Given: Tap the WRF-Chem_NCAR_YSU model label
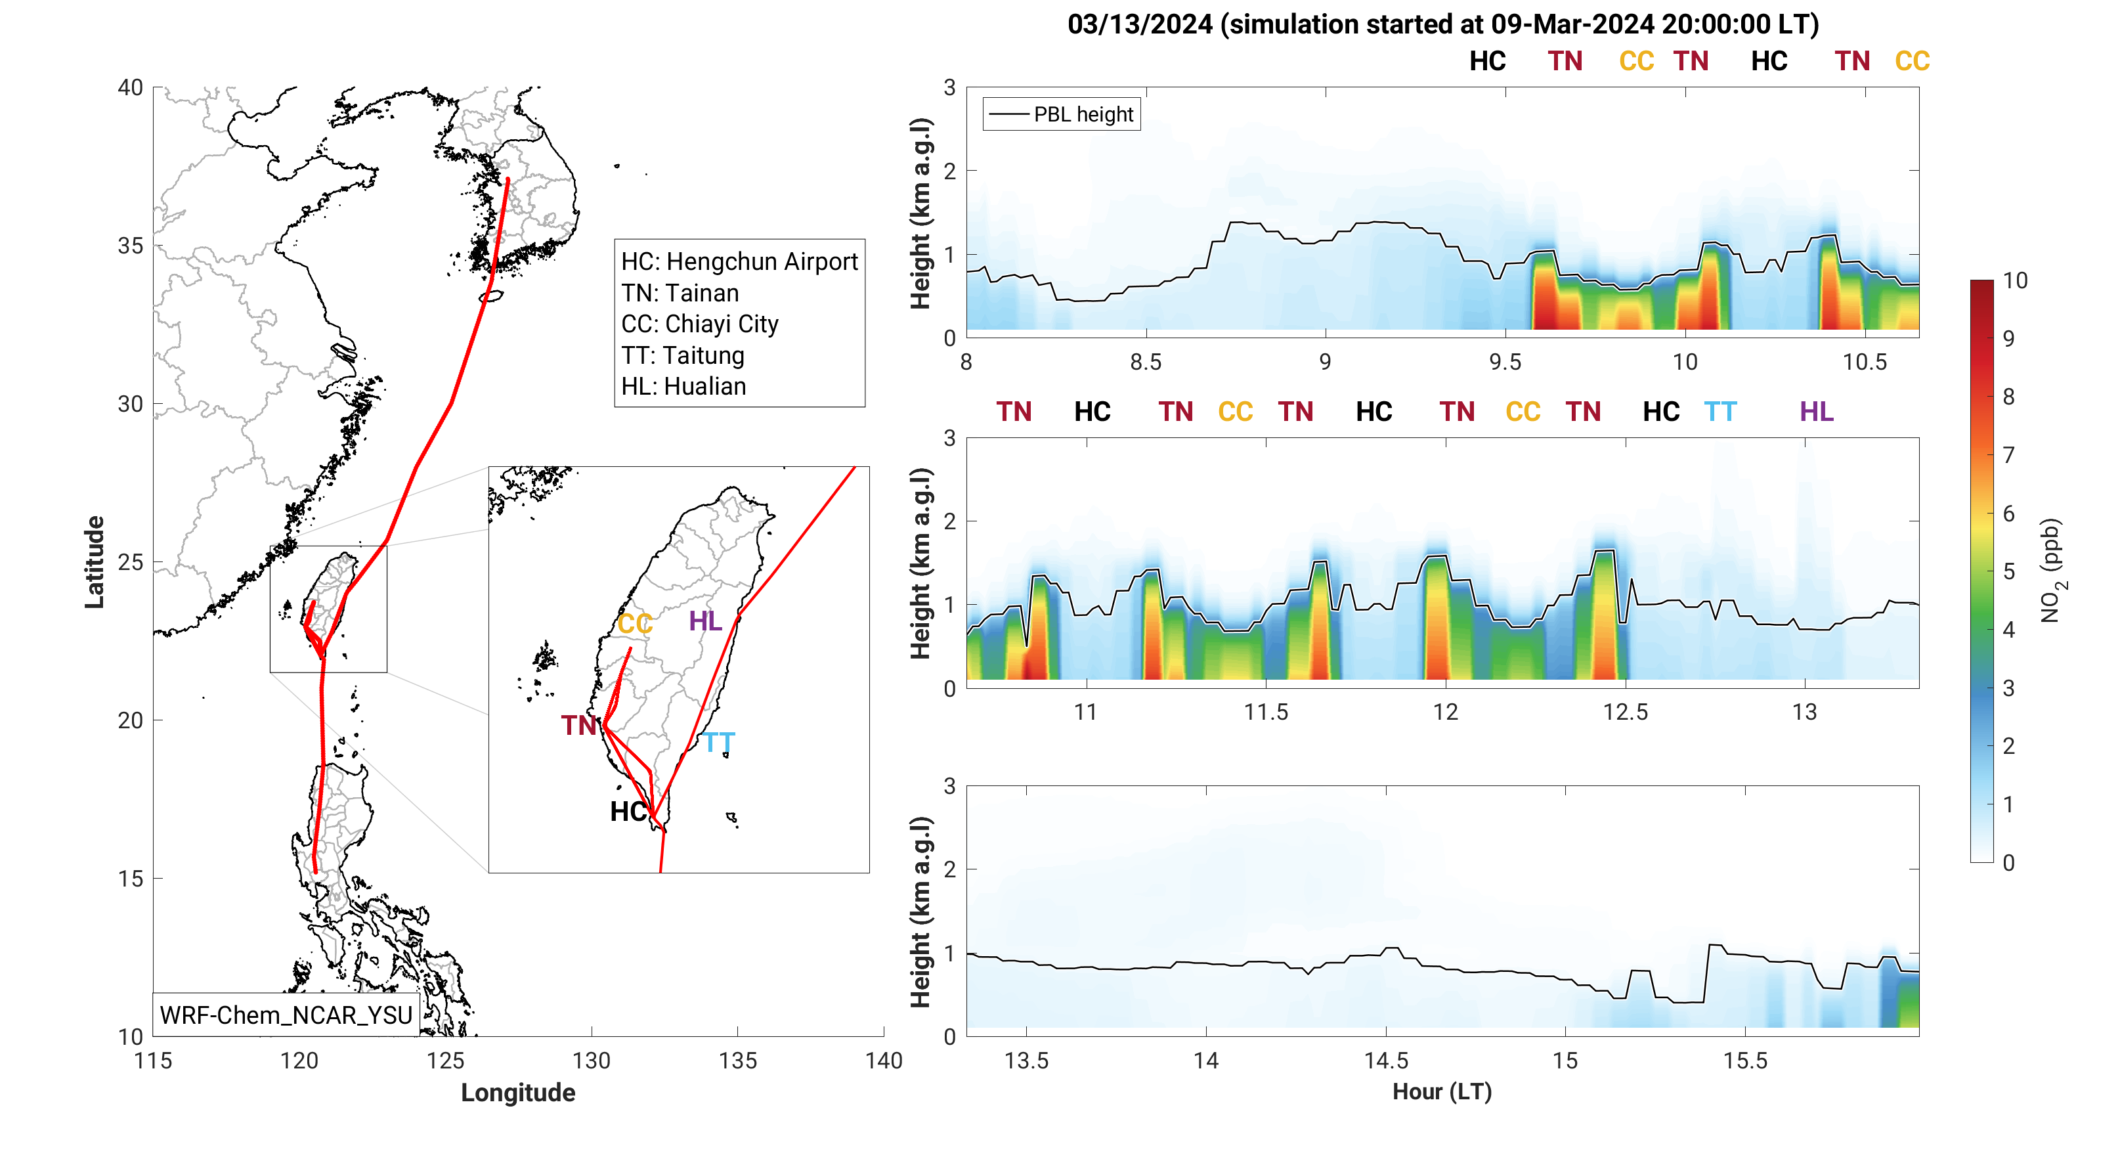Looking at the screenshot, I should [x=286, y=1015].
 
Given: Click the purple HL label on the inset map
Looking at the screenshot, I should [x=705, y=621].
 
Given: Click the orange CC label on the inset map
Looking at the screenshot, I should [x=634, y=624].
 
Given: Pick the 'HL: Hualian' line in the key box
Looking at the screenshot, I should [x=683, y=386].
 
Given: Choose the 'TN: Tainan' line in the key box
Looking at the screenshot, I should [x=680, y=293].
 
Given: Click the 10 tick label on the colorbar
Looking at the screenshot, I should [x=2015, y=280].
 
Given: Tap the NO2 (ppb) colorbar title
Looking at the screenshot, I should [x=2052, y=571].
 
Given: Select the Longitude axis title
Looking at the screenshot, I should [x=517, y=1092].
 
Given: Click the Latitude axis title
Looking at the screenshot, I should [x=95, y=562].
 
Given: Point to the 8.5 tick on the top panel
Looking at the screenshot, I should [x=1145, y=362].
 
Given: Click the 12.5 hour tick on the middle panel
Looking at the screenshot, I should [x=1626, y=712].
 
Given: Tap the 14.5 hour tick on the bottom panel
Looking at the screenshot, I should [x=1386, y=1060].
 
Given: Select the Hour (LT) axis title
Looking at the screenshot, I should [x=1442, y=1091].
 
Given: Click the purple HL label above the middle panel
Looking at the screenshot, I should [x=1816, y=412].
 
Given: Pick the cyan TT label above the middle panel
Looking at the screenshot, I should [x=1720, y=412].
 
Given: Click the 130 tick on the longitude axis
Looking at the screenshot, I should [x=591, y=1060].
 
